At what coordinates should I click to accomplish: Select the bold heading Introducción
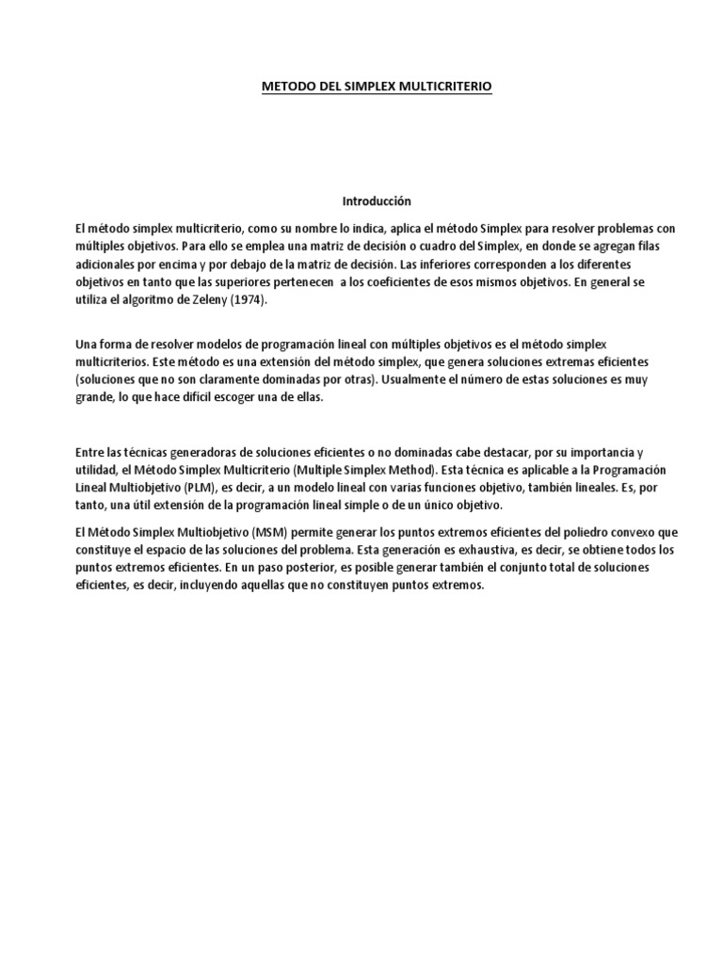[x=376, y=201]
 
